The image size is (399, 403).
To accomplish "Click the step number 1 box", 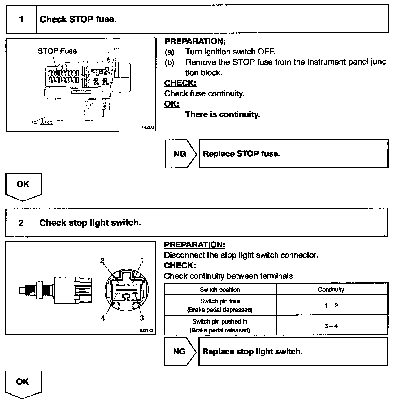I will (x=21, y=19).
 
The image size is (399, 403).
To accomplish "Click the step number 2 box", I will (x=21, y=222).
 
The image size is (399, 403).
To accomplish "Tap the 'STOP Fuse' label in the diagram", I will (x=57, y=51).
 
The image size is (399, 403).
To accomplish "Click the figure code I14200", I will (x=147, y=127).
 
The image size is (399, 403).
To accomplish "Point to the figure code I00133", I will (x=147, y=331).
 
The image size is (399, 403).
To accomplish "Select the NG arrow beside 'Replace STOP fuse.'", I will (x=180, y=154).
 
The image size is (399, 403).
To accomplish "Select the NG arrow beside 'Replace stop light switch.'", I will (x=180, y=352).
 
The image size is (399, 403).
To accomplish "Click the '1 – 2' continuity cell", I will (x=332, y=305).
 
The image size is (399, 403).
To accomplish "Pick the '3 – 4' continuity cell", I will (x=332, y=326).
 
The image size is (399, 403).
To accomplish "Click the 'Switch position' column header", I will (x=220, y=290).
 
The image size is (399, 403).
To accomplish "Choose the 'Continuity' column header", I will (x=331, y=290).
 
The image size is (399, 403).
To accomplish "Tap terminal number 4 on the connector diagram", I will (x=103, y=318).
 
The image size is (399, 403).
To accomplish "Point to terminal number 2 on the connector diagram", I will (x=102, y=260).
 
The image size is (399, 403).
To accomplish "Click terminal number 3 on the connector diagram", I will (x=142, y=318).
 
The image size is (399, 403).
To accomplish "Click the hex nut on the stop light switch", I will (x=39, y=290).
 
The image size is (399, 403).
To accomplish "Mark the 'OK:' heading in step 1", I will (x=172, y=104).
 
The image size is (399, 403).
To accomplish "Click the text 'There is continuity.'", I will (x=222, y=114).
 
